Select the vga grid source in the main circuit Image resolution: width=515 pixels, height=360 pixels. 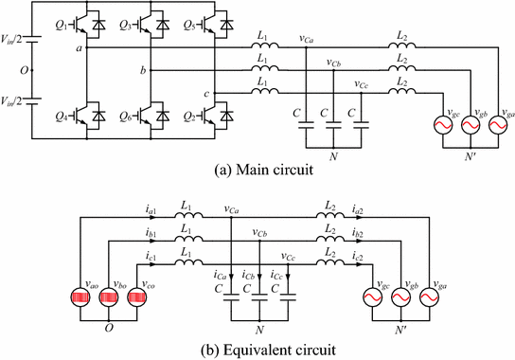[484, 121]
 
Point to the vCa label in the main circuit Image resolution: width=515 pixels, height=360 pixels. [308, 38]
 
